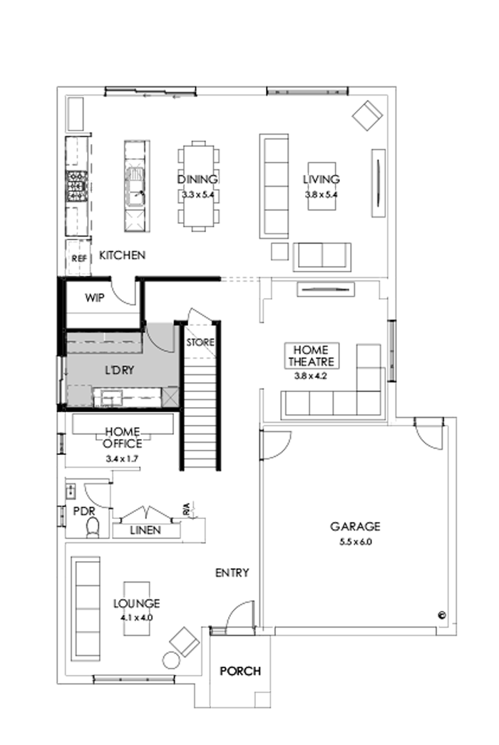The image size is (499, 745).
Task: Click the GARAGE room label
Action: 354,527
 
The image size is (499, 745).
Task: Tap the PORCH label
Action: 240,671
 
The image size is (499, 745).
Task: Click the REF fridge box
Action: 78,259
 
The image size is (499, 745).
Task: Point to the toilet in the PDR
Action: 91,528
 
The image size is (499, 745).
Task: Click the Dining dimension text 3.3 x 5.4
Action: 197,193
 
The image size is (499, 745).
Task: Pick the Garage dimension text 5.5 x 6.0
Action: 355,542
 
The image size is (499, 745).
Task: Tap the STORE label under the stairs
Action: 200,343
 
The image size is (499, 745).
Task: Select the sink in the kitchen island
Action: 134,183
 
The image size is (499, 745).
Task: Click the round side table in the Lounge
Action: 171,660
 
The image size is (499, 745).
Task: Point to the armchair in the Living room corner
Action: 369,115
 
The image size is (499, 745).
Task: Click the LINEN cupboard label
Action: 145,530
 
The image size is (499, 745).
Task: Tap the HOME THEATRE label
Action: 310,356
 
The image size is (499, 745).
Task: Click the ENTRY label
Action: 232,572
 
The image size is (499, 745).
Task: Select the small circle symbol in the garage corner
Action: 441,614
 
